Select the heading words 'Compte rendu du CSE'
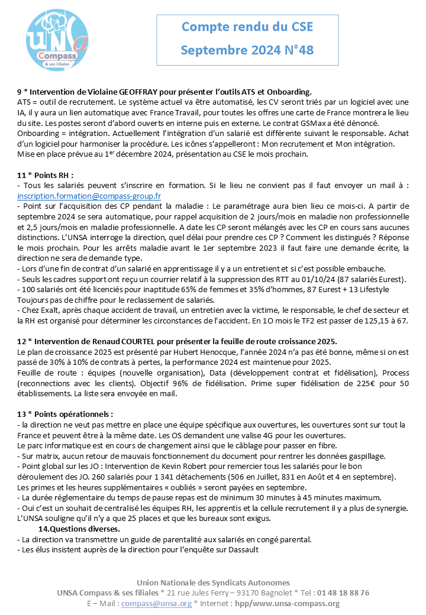[x=247, y=27]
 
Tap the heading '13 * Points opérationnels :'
[x=65, y=414]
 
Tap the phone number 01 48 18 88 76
[x=344, y=593]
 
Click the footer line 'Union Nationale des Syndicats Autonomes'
[x=213, y=582]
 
